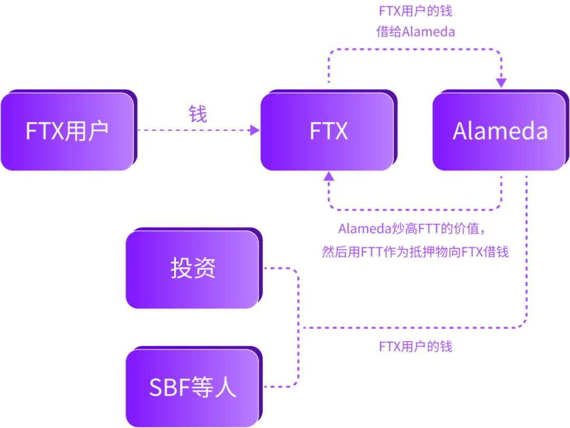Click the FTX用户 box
pyautogui.click(x=67, y=131)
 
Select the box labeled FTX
pyautogui.click(x=328, y=131)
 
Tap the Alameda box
pyautogui.click(x=499, y=131)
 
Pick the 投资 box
pyautogui.click(x=193, y=269)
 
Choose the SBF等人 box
pyautogui.click(x=193, y=387)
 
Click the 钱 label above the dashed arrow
pyautogui.click(x=198, y=113)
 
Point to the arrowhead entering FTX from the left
pyautogui.click(x=255, y=130)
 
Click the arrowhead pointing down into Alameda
pyautogui.click(x=501, y=83)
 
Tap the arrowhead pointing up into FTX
pyautogui.click(x=329, y=178)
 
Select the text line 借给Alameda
pyautogui.click(x=415, y=32)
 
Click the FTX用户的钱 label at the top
pyautogui.click(x=415, y=11)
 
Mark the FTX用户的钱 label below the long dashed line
pyautogui.click(x=415, y=346)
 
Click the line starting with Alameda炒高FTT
pyautogui.click(x=411, y=229)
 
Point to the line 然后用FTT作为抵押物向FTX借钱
pyautogui.click(x=415, y=252)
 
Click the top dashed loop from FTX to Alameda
pyautogui.click(x=415, y=49)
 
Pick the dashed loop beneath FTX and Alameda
pyautogui.click(x=415, y=209)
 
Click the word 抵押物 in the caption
pyautogui.click(x=432, y=252)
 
